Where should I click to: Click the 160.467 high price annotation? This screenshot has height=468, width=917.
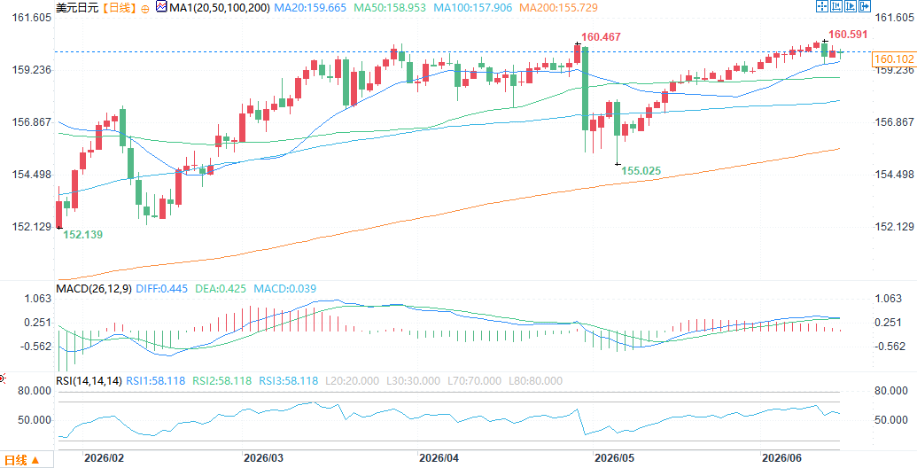click(601, 37)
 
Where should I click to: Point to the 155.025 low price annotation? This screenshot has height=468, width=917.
click(641, 171)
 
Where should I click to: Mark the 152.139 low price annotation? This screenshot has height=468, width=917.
click(82, 235)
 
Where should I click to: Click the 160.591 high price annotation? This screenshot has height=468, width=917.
click(849, 35)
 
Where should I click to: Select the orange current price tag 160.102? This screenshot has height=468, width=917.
click(893, 59)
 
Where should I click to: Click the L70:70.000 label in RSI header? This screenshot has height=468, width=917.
click(472, 381)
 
